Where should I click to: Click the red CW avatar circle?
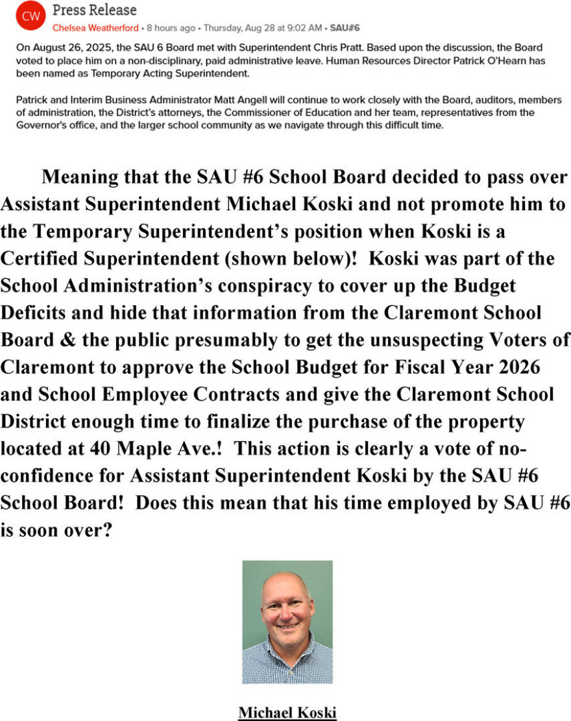[30, 18]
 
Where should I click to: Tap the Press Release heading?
[95, 10]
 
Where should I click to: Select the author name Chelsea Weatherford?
[95, 28]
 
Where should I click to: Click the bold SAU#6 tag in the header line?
[345, 28]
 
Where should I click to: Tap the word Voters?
[538, 340]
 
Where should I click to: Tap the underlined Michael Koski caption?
[287, 712]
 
